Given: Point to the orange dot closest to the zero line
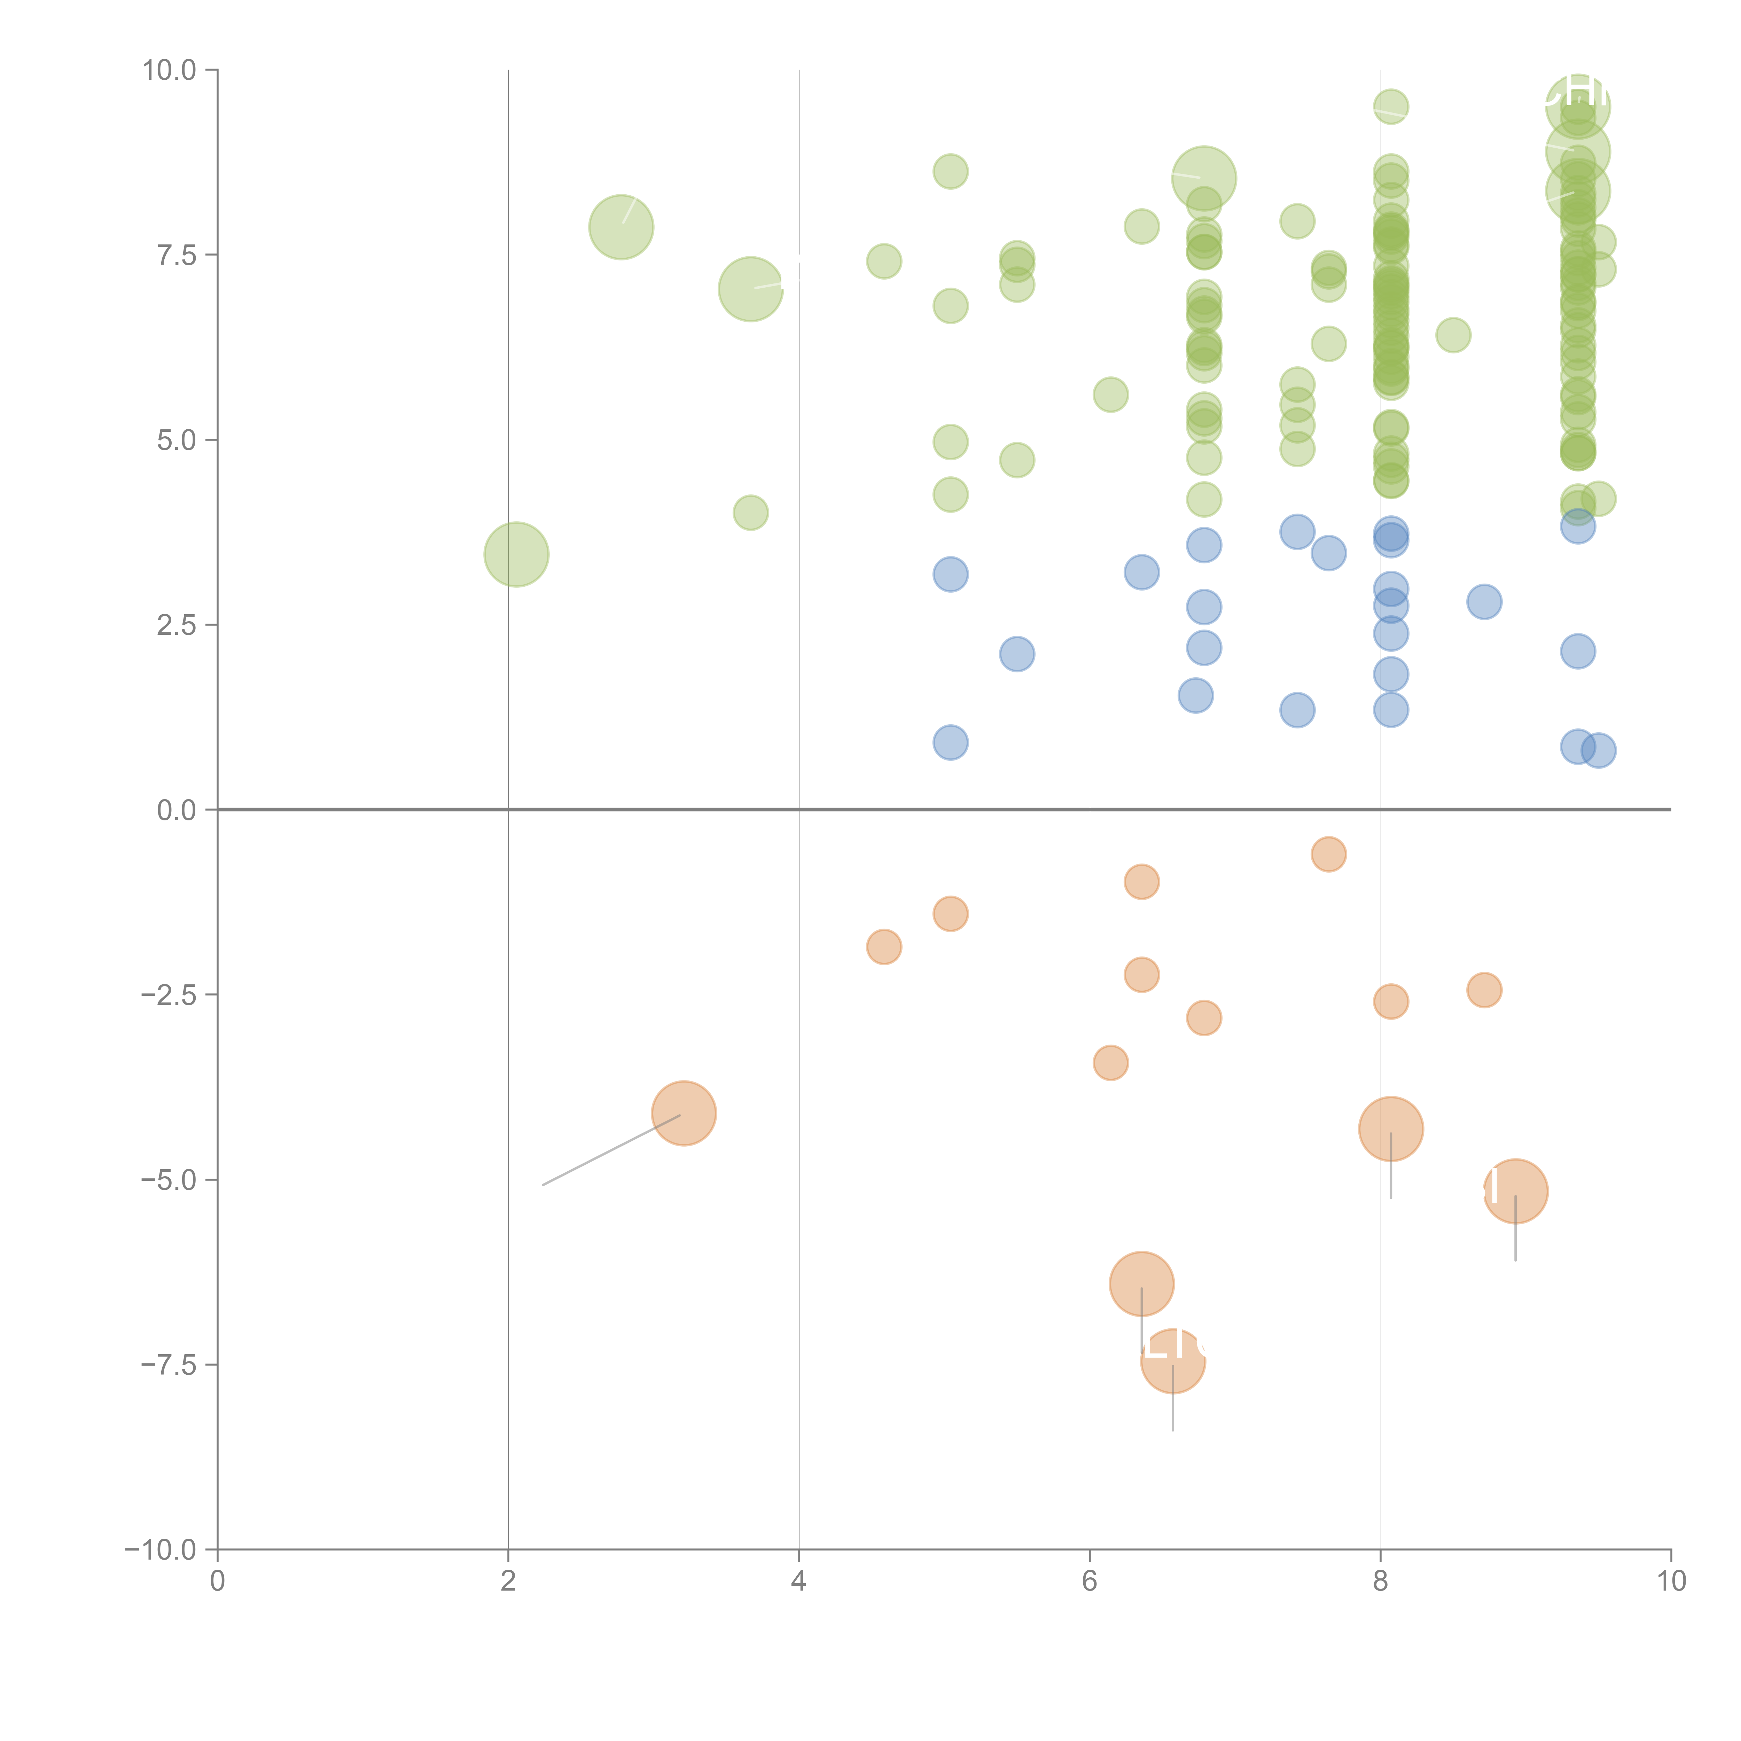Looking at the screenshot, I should [1328, 854].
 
